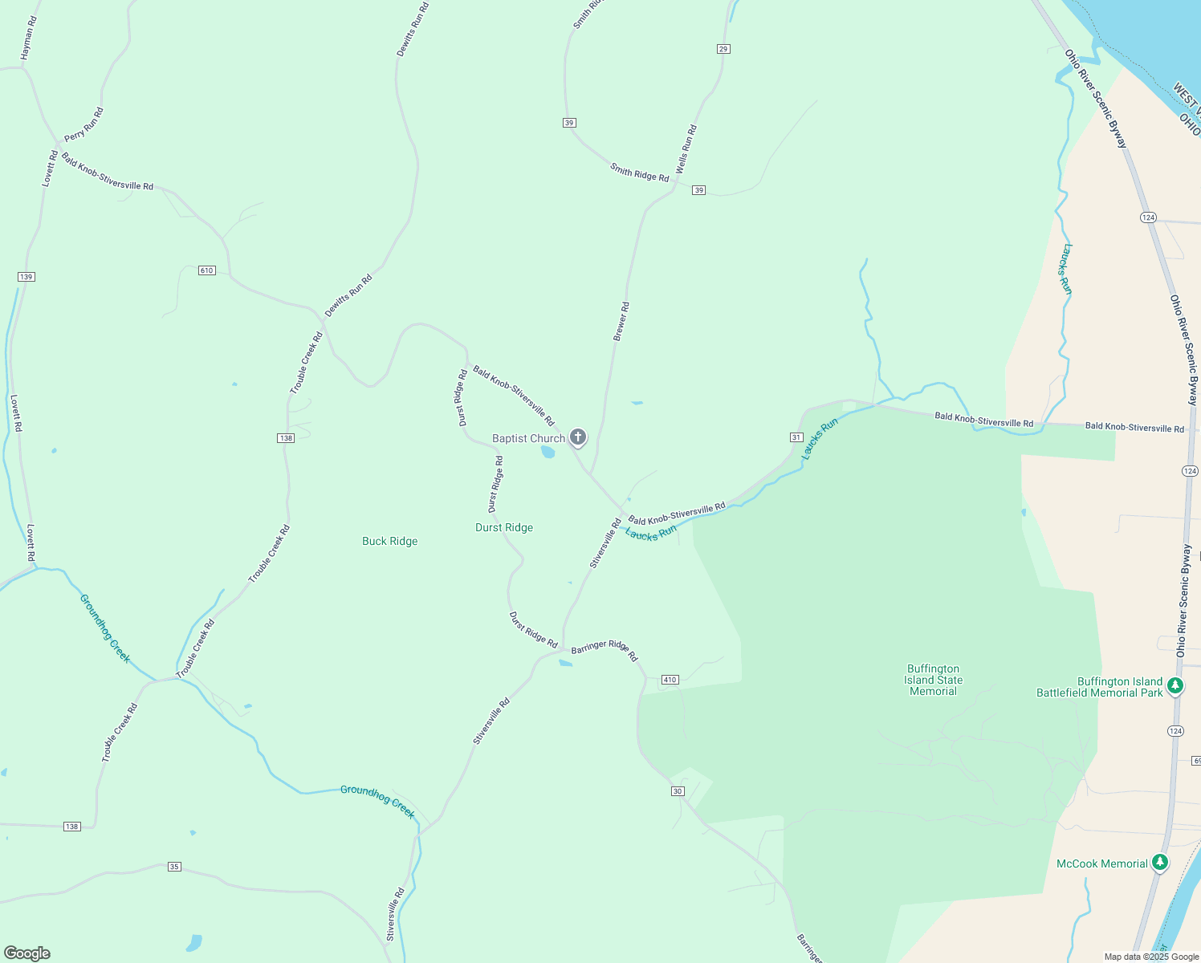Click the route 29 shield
click(723, 49)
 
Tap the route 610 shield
click(207, 270)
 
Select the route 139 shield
click(26, 277)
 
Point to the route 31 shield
click(796, 437)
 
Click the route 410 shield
click(670, 680)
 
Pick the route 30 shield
click(678, 791)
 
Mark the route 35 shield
click(175, 867)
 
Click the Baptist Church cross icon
click(577, 437)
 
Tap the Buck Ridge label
click(389, 541)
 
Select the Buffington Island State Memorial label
click(933, 680)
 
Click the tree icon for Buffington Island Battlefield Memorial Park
click(1175, 685)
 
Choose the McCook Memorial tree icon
click(1159, 863)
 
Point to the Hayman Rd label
click(29, 39)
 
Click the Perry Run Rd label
click(84, 124)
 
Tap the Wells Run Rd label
click(686, 149)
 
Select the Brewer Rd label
click(621, 322)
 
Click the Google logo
click(27, 953)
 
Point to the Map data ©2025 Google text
click(1151, 957)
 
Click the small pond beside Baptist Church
click(548, 452)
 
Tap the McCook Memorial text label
click(1101, 863)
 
